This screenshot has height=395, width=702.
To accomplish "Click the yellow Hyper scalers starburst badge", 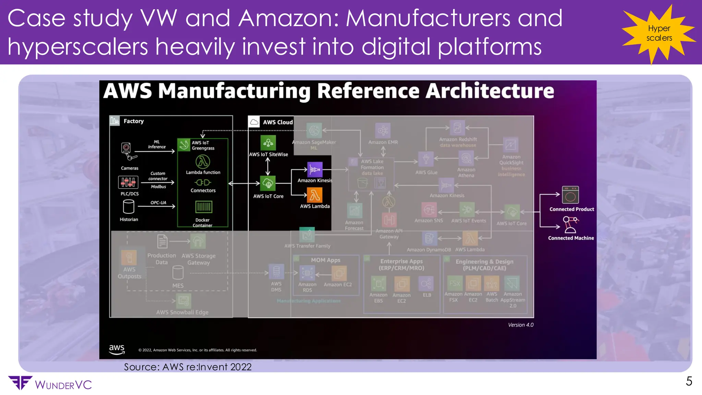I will pyautogui.click(x=659, y=34).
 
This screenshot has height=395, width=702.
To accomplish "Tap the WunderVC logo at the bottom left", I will pyautogui.click(x=50, y=384).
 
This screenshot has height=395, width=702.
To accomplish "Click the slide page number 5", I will pyautogui.click(x=689, y=381).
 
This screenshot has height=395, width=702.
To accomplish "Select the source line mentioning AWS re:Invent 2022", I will pyautogui.click(x=187, y=367).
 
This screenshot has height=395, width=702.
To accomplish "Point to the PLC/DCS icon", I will pyautogui.click(x=128, y=182).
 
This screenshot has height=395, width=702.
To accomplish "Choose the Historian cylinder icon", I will pyautogui.click(x=129, y=207).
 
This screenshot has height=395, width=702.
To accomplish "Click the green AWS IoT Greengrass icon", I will pyautogui.click(x=184, y=145).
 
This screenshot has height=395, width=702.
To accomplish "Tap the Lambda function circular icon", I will pyautogui.click(x=203, y=162).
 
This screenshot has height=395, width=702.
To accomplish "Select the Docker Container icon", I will pyautogui.click(x=204, y=207).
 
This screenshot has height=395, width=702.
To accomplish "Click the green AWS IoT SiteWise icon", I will pyautogui.click(x=268, y=143).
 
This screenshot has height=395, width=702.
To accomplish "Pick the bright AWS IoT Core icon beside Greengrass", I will pyautogui.click(x=268, y=183).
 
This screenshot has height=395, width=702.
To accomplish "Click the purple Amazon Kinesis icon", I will pyautogui.click(x=315, y=169).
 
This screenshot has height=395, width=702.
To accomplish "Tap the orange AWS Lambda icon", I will pyautogui.click(x=315, y=195).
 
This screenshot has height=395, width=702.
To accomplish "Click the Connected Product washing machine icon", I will pyautogui.click(x=570, y=195).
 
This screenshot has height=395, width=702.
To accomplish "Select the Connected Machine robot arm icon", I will pyautogui.click(x=570, y=225).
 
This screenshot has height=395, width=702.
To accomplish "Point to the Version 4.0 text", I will pyautogui.click(x=520, y=325).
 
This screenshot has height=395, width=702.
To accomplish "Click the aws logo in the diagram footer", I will pyautogui.click(x=117, y=349).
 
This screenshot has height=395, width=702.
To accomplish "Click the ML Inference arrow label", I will pyautogui.click(x=157, y=144).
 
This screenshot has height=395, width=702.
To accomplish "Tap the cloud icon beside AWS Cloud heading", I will pyautogui.click(x=254, y=122).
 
